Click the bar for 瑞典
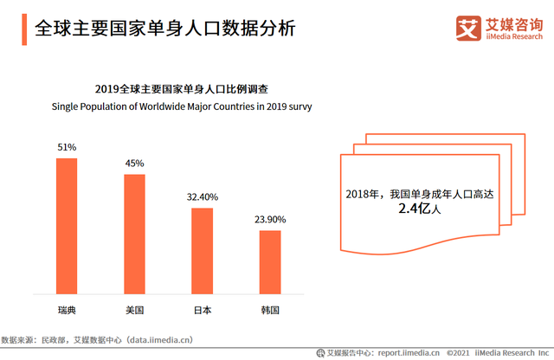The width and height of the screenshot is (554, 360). click(x=67, y=227)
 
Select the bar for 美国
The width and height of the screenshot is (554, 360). click(x=134, y=235)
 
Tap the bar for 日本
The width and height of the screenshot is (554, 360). click(x=202, y=252)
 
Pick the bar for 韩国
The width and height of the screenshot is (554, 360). click(x=270, y=263)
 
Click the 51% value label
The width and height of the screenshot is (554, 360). click(x=67, y=147)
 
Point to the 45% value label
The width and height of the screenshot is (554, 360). click(x=134, y=163)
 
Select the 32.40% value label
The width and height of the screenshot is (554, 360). click(x=202, y=197)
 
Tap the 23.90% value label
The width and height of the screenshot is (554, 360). click(x=270, y=220)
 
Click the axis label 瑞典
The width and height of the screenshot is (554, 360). click(x=67, y=309)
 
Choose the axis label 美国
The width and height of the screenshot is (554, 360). click(x=134, y=309)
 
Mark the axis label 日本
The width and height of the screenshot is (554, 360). click(x=202, y=309)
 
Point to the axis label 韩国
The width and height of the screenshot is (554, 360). click(x=270, y=309)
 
